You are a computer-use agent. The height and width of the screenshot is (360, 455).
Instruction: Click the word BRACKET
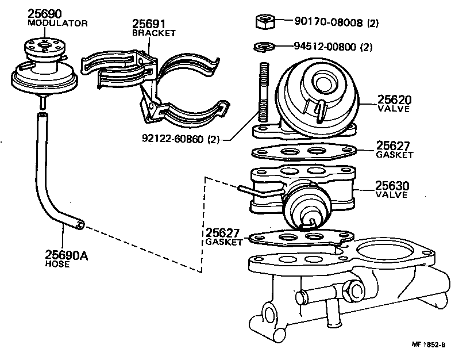(153, 33)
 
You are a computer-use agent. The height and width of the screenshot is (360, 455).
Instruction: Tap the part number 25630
(392, 186)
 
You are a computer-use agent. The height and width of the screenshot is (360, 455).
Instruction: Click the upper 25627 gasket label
(394, 145)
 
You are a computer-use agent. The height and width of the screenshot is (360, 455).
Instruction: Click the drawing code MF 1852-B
(429, 344)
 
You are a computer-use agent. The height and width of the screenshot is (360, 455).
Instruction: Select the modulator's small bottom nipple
(42, 102)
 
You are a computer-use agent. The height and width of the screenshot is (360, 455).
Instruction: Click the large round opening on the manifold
(384, 252)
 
